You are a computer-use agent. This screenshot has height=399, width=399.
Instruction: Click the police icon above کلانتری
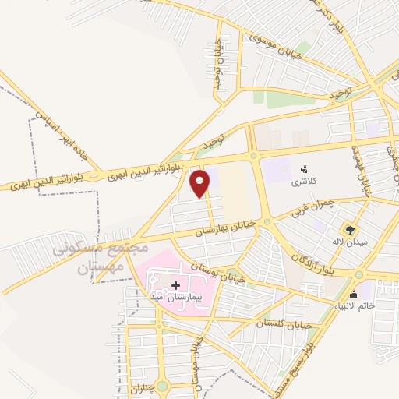tap(305, 168)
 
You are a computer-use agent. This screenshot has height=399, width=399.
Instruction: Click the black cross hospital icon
tap(175, 285)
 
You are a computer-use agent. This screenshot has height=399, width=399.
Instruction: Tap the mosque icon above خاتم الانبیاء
tap(355, 294)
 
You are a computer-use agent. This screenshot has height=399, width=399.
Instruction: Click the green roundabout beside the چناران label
tap(161, 386)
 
